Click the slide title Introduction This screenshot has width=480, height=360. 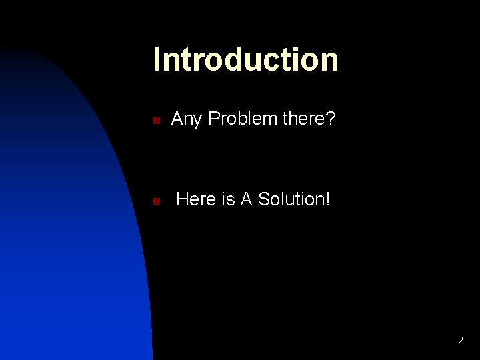point(245,59)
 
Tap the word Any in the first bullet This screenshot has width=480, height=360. point(187,119)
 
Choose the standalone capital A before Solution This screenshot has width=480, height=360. point(245,199)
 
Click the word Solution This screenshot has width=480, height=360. point(291,199)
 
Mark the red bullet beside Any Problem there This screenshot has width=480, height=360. point(155,121)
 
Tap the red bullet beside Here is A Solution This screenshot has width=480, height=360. point(155,201)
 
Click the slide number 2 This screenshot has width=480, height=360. point(460,341)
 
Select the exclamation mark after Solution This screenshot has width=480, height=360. point(327,199)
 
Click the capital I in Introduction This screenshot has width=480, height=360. point(157,59)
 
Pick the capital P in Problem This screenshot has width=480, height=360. point(214,119)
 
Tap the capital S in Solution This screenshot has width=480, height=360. point(263,199)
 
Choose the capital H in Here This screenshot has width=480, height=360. point(182,199)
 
